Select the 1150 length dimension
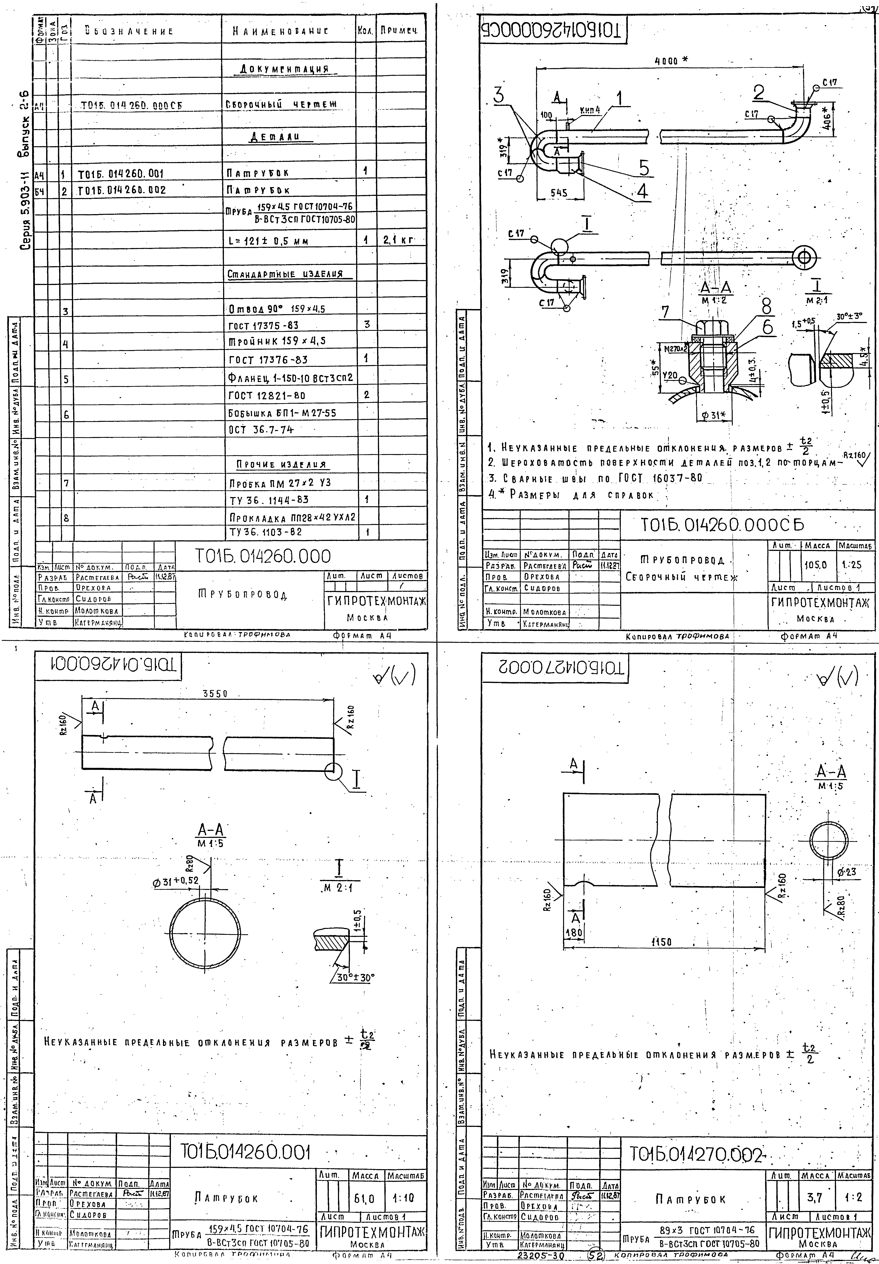[661, 942]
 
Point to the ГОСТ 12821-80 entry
[267, 395]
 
